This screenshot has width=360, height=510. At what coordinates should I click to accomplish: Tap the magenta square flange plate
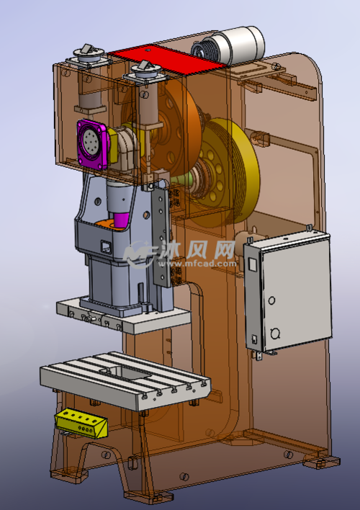93,145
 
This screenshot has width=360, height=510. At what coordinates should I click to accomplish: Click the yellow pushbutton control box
81,423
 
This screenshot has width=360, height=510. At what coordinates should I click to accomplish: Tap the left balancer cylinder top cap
89,54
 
